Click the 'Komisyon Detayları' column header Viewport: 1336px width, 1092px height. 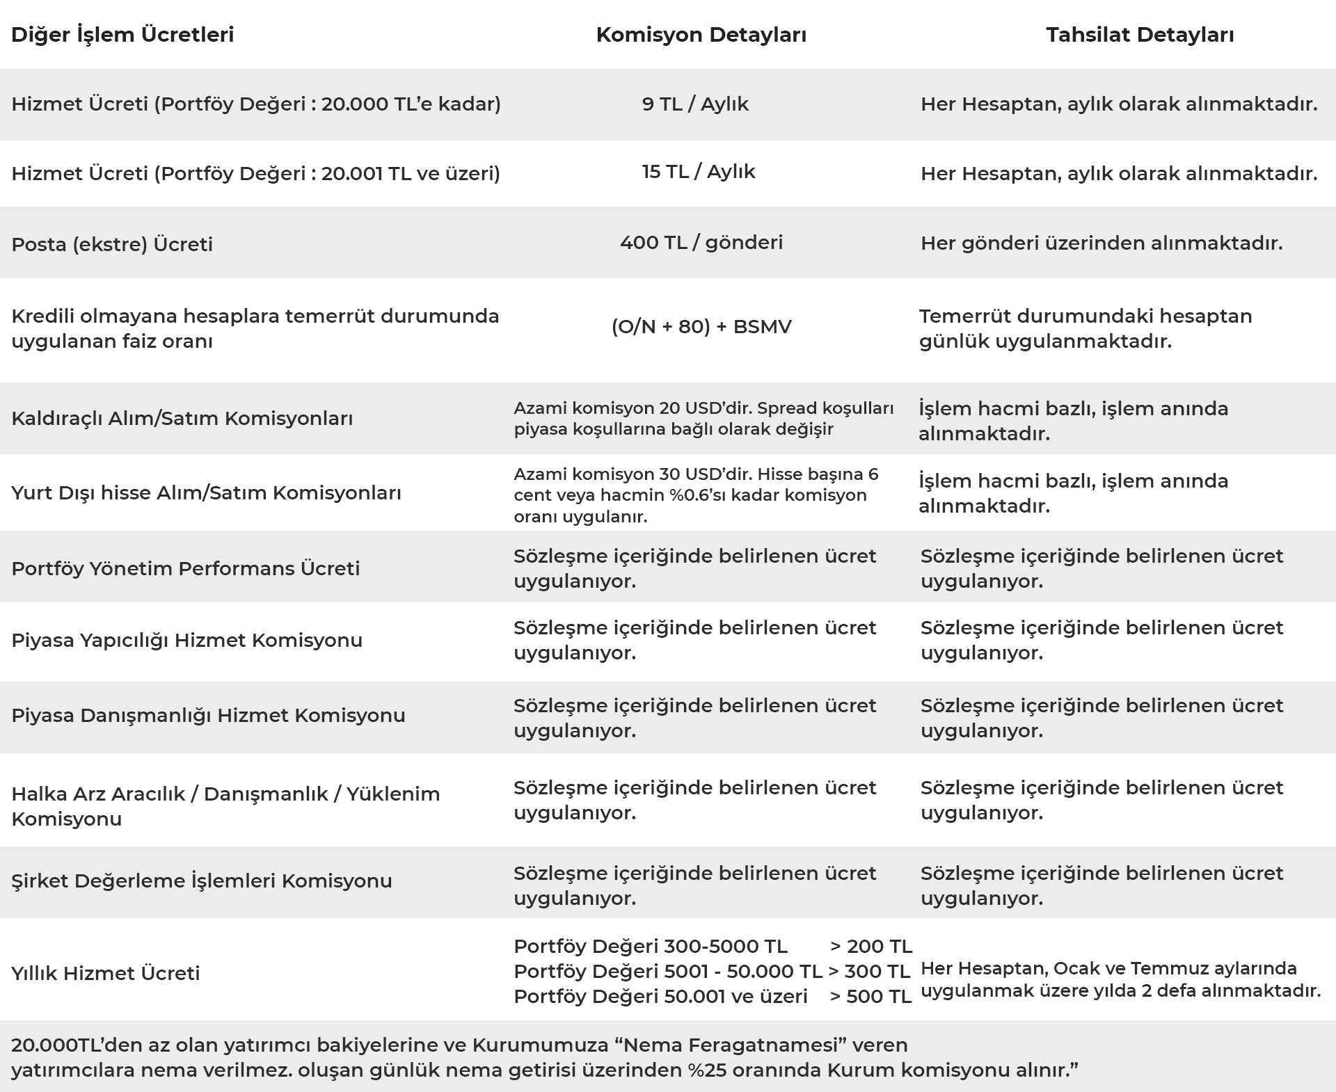[701, 35]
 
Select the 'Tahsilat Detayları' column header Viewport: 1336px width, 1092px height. [1140, 35]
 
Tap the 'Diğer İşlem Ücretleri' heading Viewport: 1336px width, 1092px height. [122, 35]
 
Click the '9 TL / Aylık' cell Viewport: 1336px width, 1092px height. [695, 104]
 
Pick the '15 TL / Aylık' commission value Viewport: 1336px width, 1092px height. [698, 172]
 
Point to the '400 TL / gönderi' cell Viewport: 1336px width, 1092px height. [701, 243]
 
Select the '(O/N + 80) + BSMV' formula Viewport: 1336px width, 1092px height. [701, 327]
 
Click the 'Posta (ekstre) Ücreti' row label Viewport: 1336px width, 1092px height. [112, 245]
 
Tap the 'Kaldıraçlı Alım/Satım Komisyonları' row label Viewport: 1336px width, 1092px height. [182, 419]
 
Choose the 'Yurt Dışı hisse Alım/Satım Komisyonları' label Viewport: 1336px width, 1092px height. [206, 493]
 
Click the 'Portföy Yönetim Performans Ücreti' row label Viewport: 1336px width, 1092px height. [186, 569]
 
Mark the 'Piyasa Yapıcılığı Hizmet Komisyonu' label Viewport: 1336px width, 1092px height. [186, 641]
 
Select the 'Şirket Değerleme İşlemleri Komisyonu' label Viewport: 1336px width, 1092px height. [202, 881]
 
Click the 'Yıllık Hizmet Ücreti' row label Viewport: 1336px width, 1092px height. [106, 974]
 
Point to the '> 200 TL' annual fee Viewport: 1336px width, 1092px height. [870, 947]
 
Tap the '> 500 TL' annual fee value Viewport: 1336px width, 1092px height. [870, 997]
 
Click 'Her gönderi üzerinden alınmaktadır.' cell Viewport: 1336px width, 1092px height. [1102, 243]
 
